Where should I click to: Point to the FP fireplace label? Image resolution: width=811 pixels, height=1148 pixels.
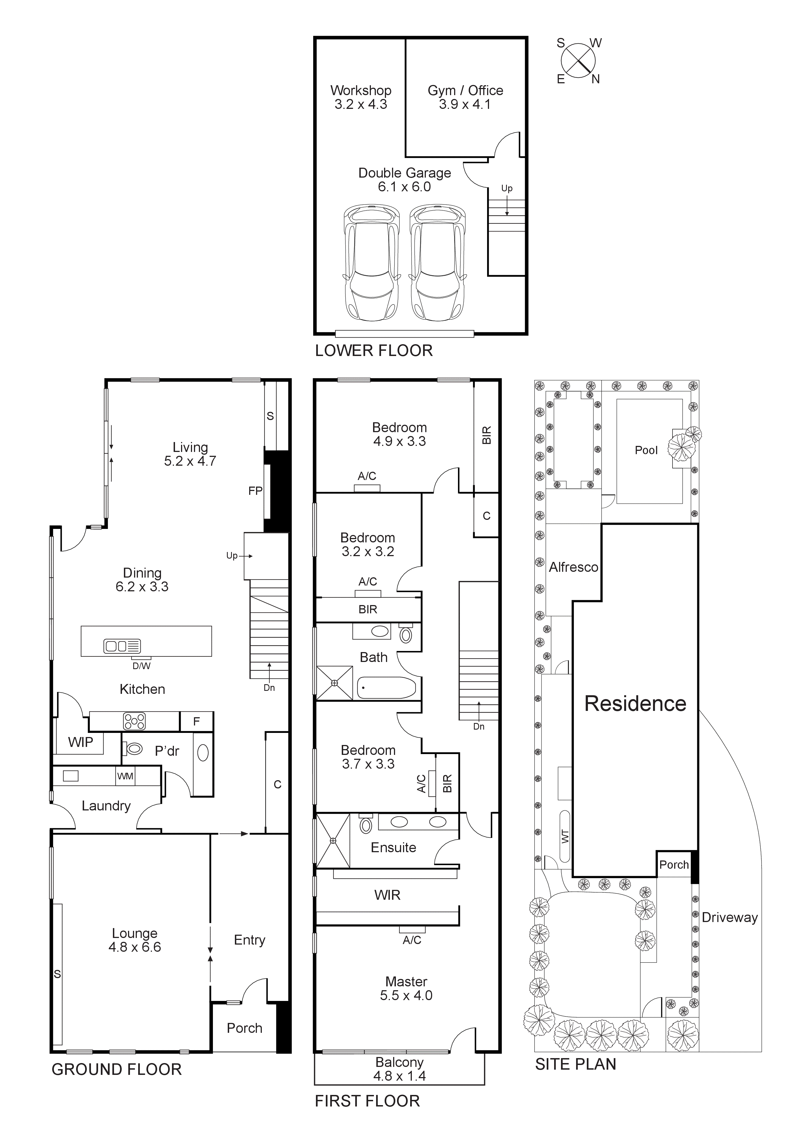[255, 491]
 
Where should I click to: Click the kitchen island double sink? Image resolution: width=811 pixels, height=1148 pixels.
[122, 646]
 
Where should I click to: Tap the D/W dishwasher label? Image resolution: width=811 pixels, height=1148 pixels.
[141, 666]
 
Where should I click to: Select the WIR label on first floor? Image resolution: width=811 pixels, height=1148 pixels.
[387, 895]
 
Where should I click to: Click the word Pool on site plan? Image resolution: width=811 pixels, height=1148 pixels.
[646, 450]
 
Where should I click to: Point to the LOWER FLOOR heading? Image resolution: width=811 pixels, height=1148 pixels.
[374, 351]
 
